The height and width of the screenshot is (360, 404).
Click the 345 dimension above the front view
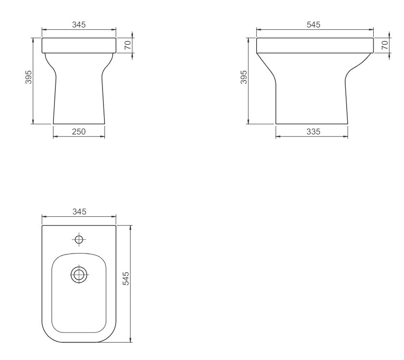(78, 25)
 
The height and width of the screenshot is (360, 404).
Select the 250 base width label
(78, 132)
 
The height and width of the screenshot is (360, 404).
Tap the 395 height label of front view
(28, 77)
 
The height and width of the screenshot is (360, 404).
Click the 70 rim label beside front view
(128, 45)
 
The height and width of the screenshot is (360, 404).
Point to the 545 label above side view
(313, 25)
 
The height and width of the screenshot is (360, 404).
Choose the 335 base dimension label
(313, 132)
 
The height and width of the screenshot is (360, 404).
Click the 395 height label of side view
(244, 77)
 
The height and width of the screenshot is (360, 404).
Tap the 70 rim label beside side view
(384, 45)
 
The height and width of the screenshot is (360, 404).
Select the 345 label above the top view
(79, 212)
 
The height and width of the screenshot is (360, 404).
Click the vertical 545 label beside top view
(126, 278)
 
